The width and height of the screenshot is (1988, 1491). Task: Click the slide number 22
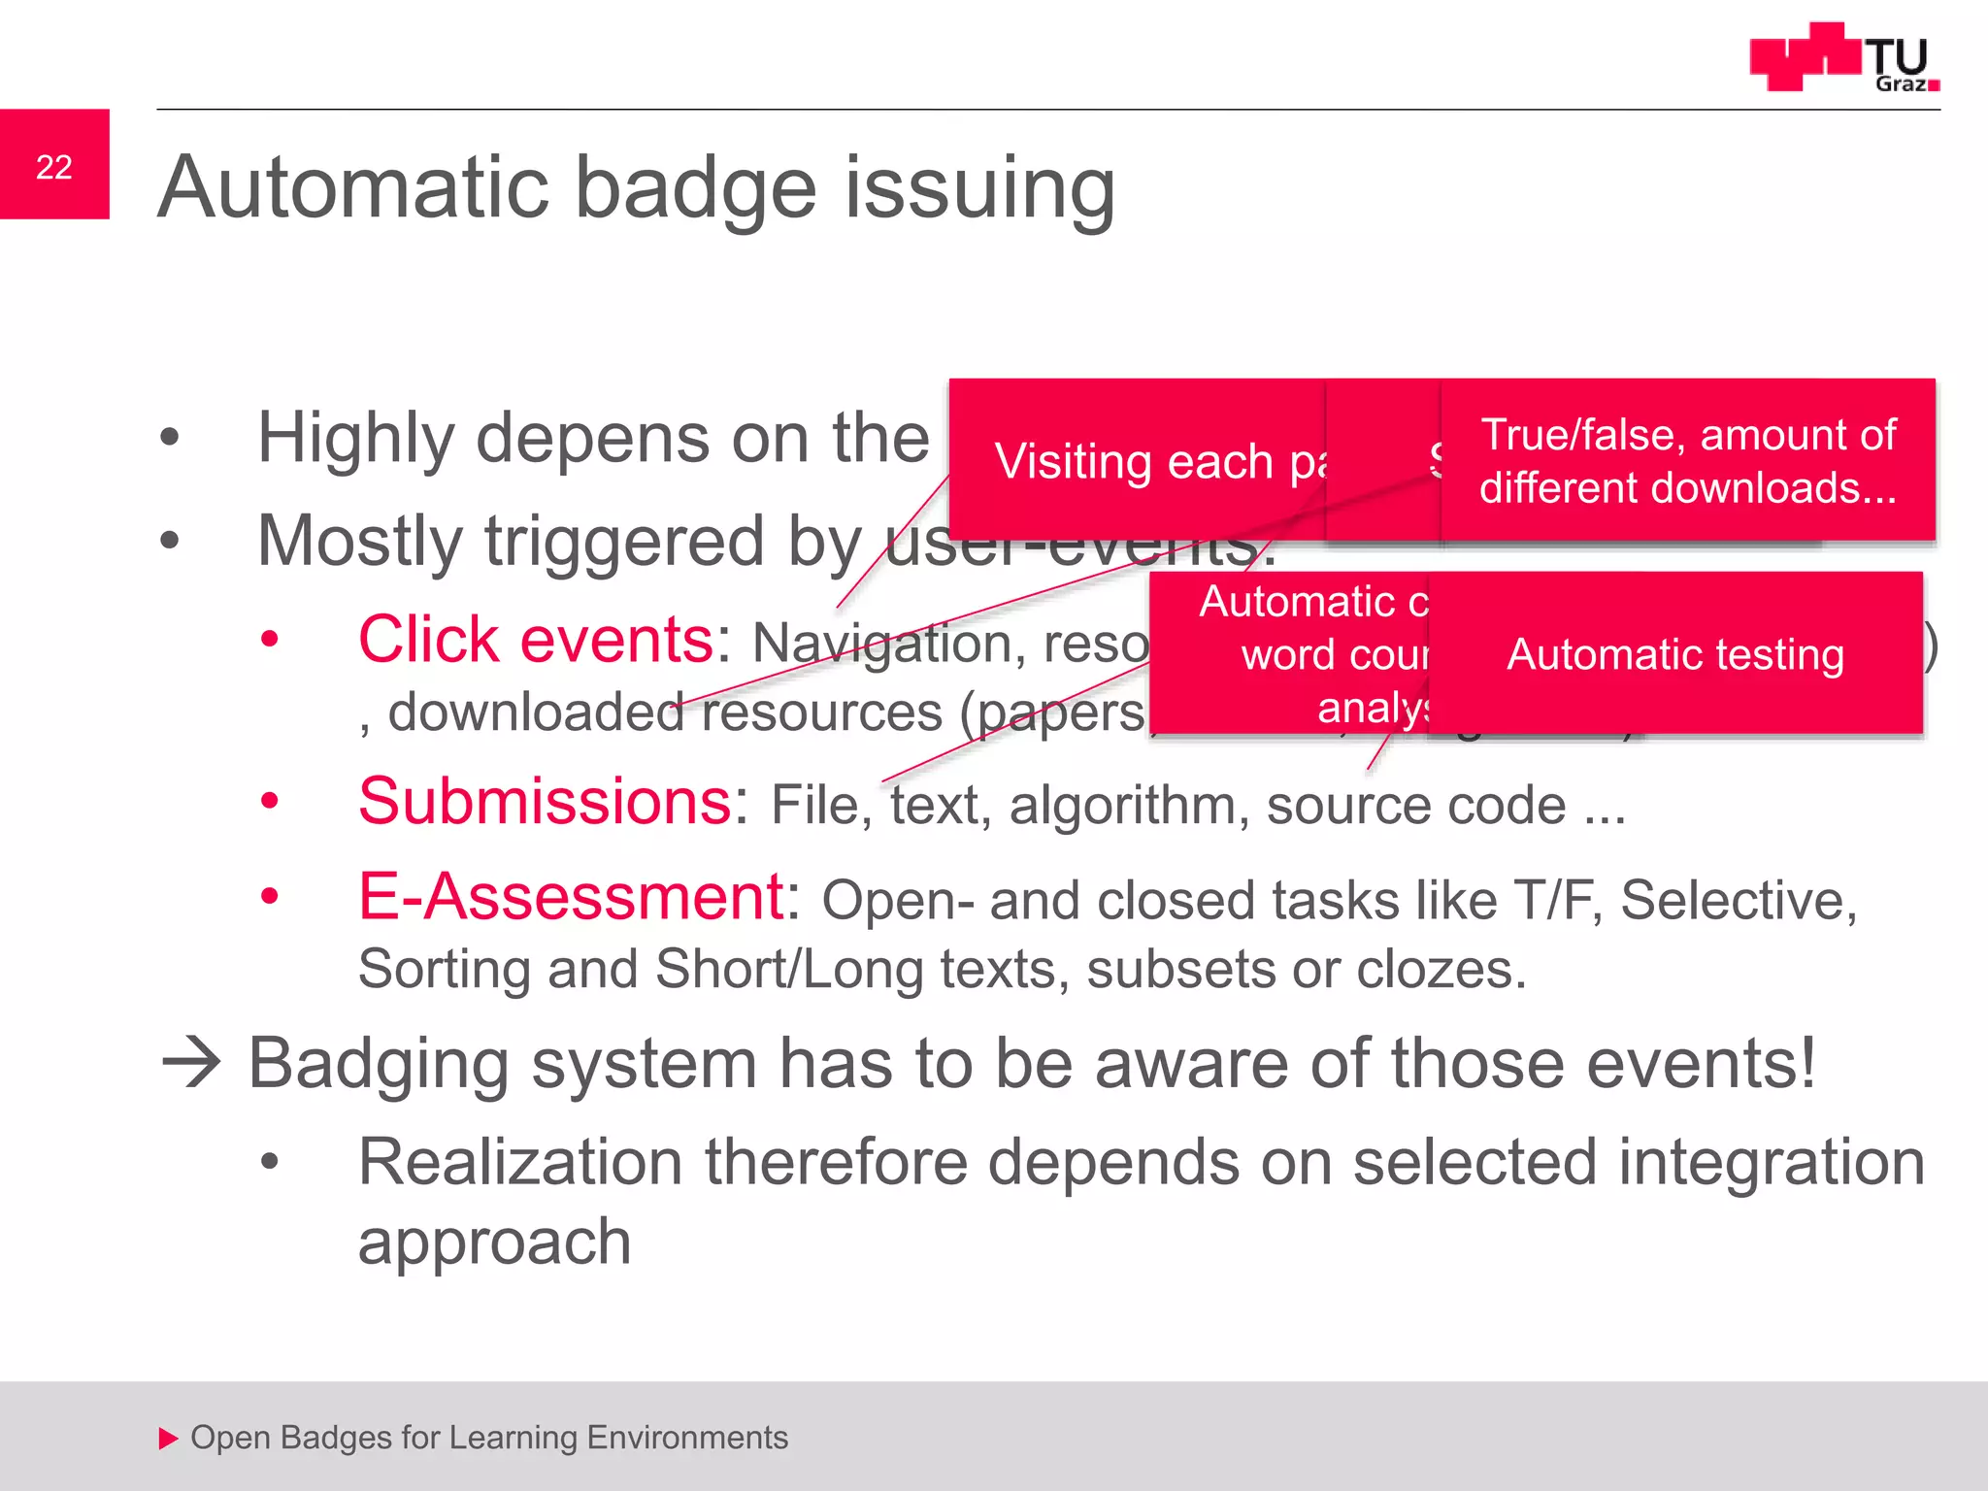coord(54,167)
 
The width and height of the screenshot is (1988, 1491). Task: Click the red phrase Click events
coord(536,640)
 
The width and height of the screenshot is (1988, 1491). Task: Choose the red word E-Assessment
coord(571,896)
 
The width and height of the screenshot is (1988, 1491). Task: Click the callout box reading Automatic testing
coord(1675,654)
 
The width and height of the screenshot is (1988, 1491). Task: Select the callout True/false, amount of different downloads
coord(1687,460)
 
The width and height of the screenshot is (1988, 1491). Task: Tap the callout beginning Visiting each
coord(1136,461)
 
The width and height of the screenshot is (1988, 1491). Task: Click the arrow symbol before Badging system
coord(191,1062)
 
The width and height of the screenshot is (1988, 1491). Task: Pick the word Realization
coord(520,1162)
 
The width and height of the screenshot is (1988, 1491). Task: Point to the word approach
coord(495,1242)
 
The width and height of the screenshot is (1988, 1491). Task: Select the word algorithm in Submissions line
coord(1129,806)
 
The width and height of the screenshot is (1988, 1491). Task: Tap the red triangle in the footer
coord(169,1438)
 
